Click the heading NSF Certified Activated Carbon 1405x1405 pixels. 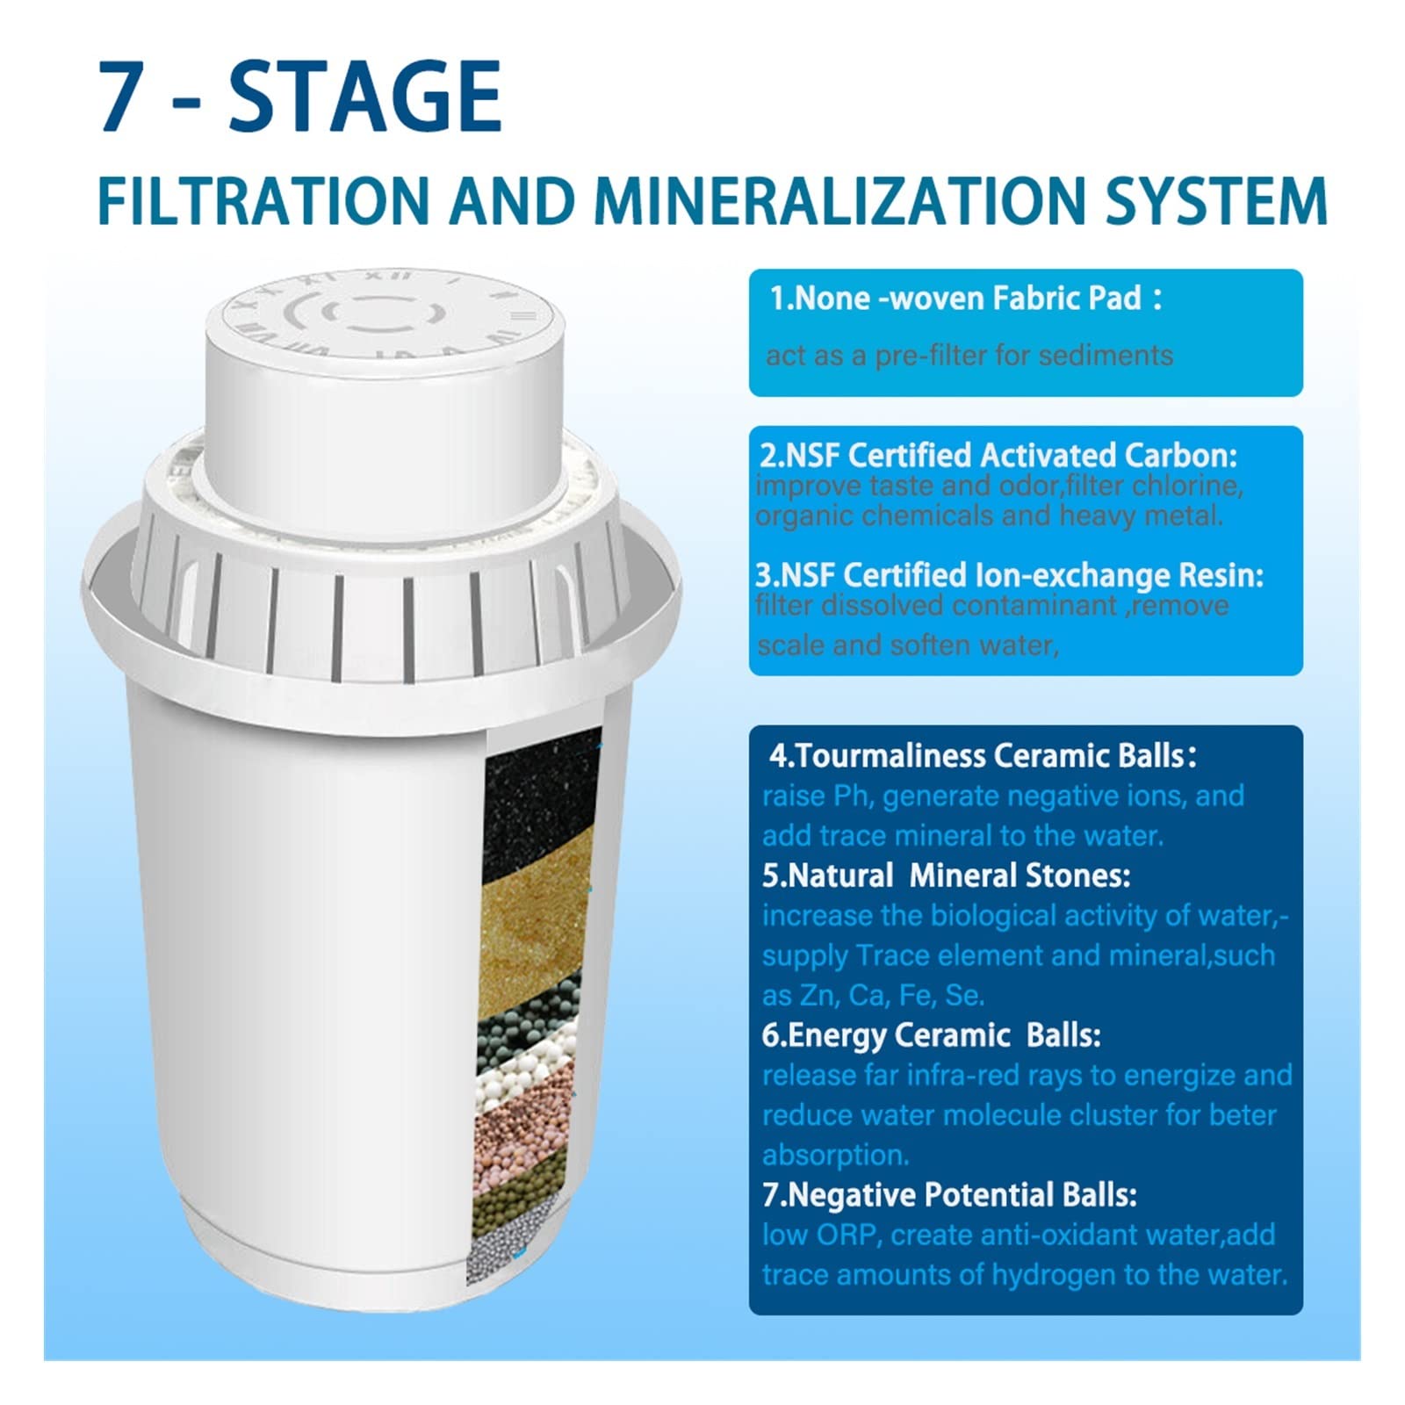pyautogui.click(x=998, y=455)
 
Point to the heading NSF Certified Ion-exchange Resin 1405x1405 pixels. pyautogui.click(x=1009, y=575)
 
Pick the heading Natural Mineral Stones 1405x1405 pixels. pyautogui.click(x=946, y=875)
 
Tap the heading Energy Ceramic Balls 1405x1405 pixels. pyautogui.click(x=931, y=1035)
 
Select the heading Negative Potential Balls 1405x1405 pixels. pyautogui.click(x=949, y=1195)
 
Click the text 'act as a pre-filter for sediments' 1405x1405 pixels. pyautogui.click(x=969, y=356)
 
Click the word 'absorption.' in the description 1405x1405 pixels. pyautogui.click(x=835, y=1155)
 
